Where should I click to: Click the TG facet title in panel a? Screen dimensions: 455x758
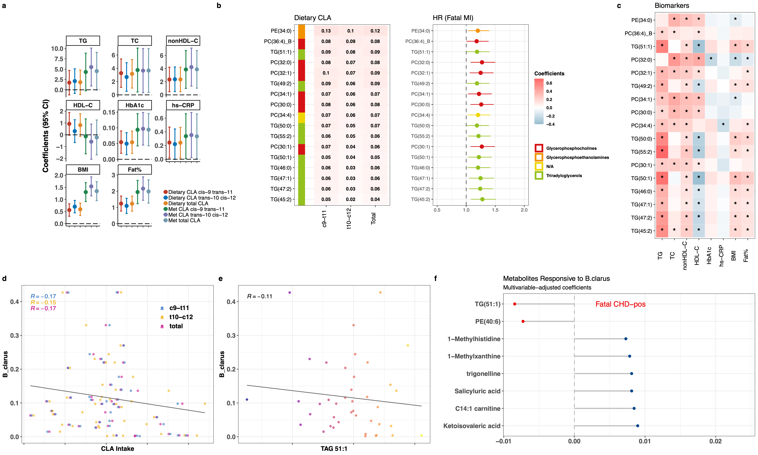[83, 41]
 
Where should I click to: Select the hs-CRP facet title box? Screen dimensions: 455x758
[183, 105]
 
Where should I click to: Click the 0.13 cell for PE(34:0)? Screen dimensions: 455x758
[326, 31]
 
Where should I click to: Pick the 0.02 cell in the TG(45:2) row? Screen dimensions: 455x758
[350, 199]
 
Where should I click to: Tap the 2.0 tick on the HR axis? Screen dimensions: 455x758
[524, 210]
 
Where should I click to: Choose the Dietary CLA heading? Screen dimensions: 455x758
[313, 18]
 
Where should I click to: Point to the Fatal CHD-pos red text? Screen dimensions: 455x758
[620, 304]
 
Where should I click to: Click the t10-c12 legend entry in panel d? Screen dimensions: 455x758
[181, 317]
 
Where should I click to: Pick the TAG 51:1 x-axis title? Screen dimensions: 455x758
[334, 449]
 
